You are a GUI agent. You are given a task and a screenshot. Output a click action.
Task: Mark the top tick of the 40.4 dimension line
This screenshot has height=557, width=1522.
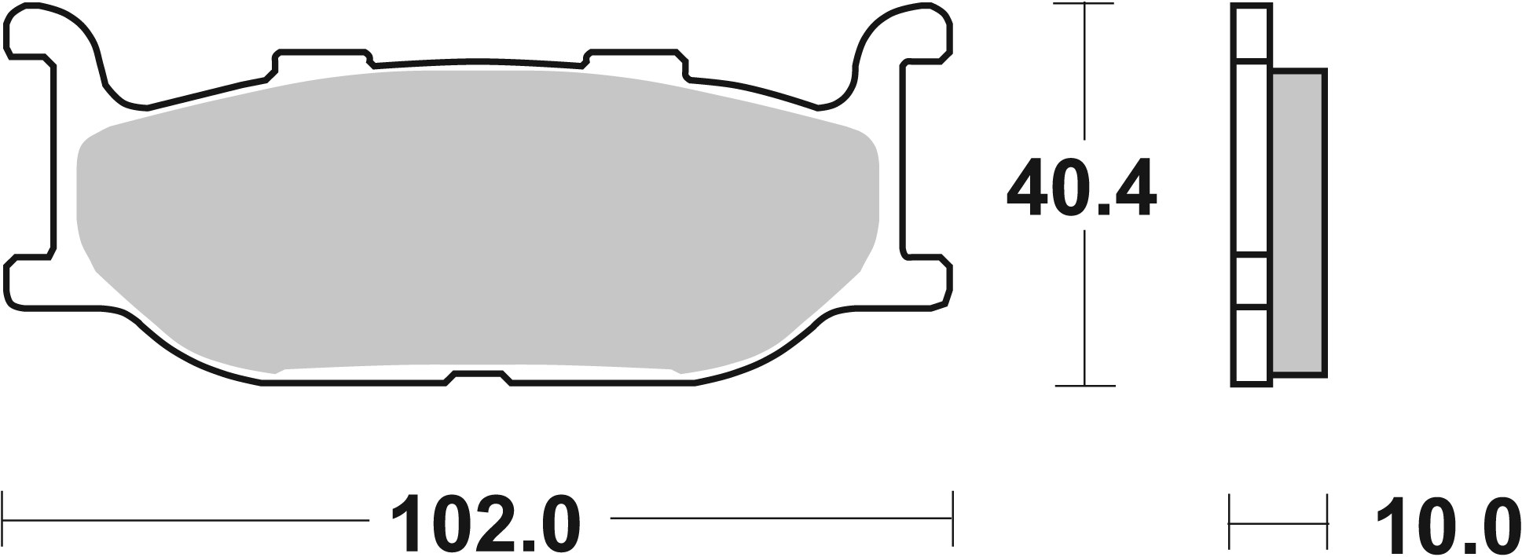tap(1084, 5)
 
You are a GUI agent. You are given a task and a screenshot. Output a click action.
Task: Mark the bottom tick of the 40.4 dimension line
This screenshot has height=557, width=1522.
tap(1084, 386)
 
